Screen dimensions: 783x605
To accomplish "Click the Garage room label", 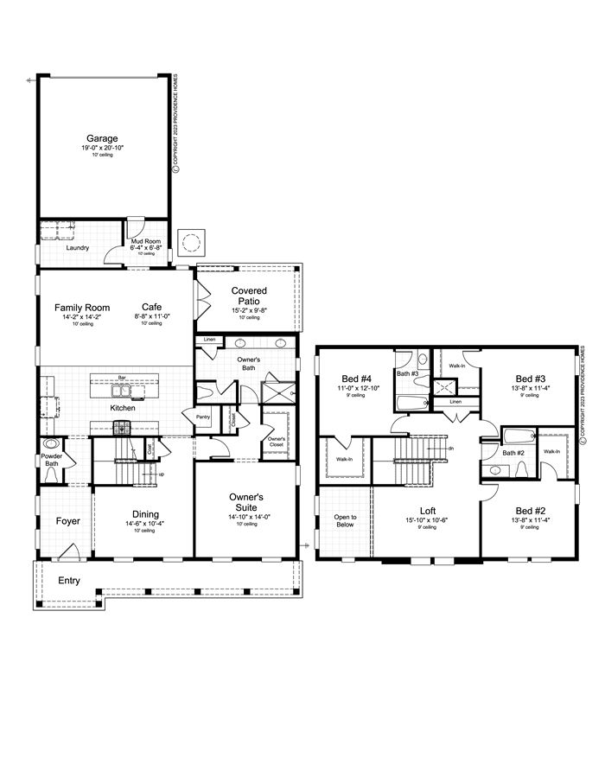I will click(x=102, y=138).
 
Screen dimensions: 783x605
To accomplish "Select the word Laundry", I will click(x=78, y=248).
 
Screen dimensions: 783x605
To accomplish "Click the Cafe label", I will click(x=152, y=307).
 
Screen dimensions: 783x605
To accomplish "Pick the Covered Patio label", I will click(x=249, y=296).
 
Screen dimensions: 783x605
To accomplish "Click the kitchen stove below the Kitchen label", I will click(x=122, y=427).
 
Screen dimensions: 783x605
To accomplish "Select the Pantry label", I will click(x=203, y=417).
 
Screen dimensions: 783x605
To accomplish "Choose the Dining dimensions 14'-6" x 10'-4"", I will click(x=144, y=524).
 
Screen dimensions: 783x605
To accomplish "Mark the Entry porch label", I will click(x=68, y=580).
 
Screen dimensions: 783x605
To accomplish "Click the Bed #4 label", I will click(x=356, y=379).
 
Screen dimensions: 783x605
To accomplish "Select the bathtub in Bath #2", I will click(x=518, y=436).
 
